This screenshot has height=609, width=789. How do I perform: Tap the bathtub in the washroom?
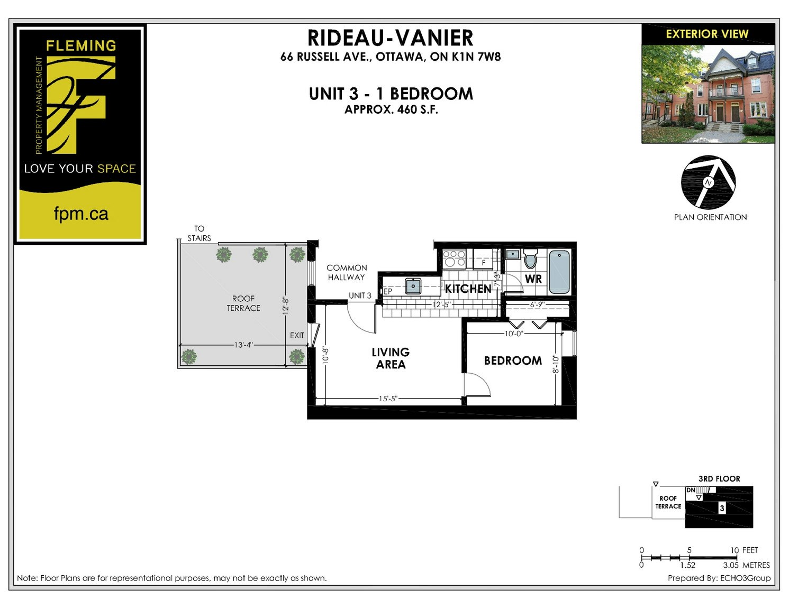pos(559,272)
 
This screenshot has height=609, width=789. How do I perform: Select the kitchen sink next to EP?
pos(413,286)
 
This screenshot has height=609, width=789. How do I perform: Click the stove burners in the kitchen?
pos(454,259)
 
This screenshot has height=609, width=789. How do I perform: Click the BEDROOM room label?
pos(513,361)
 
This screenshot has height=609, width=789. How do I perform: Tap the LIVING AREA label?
pos(391,358)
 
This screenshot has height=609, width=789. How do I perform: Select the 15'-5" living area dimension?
pos(388,399)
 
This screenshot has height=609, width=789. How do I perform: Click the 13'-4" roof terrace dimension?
pos(243,345)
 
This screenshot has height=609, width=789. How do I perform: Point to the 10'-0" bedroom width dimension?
pos(514,334)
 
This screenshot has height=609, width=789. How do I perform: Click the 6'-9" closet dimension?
pos(537,304)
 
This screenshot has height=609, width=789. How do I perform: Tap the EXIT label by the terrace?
pos(297,336)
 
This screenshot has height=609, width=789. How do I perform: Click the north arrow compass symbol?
pos(709,182)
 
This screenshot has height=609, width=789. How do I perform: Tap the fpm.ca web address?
pos(81,214)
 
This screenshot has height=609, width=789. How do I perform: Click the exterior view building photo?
pos(708,94)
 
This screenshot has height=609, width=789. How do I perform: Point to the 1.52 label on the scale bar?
pos(688,565)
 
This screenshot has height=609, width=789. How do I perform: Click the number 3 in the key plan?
pos(722,508)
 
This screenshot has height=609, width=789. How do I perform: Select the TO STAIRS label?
pos(199,233)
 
